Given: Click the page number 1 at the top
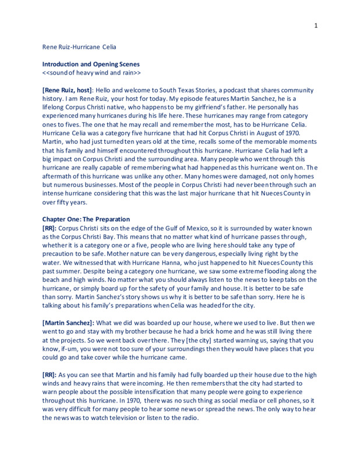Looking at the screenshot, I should tap(315, 25).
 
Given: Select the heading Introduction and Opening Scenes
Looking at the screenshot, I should tap(91, 64).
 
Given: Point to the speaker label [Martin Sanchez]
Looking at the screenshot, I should tap(68, 323).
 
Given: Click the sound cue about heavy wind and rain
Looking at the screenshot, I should tap(91, 73).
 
